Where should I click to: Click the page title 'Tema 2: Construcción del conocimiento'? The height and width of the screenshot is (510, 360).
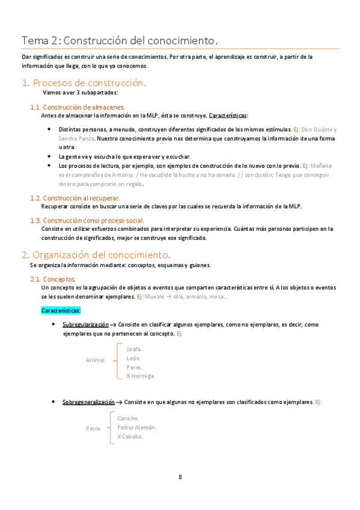119,41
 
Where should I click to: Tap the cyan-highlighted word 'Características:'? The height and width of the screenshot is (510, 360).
61,310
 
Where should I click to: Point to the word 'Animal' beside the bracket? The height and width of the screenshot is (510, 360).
95,360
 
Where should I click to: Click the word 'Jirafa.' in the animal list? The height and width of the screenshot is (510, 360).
134,349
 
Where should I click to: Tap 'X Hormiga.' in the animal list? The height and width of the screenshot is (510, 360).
141,376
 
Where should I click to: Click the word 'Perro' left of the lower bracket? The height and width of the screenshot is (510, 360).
93,429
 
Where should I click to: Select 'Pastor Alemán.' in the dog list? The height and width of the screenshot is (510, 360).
137,428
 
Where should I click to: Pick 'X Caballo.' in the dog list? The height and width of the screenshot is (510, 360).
130,437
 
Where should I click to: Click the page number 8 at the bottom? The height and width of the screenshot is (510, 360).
180,477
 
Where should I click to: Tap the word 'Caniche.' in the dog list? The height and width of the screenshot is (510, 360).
129,419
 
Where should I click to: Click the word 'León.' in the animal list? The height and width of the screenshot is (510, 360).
133,358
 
